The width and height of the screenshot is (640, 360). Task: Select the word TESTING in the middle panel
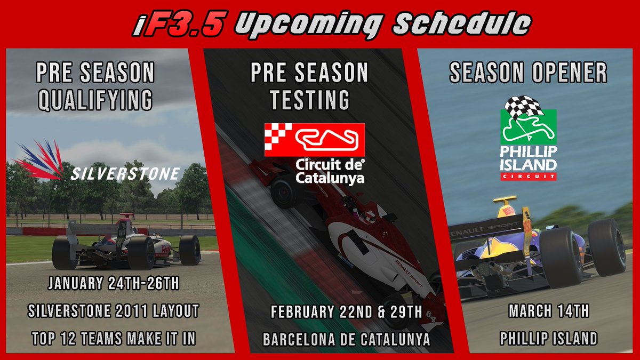[x=309, y=100]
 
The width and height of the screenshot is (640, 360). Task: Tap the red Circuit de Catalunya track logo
[x=315, y=140]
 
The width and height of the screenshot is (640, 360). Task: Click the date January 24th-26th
[x=114, y=283]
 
